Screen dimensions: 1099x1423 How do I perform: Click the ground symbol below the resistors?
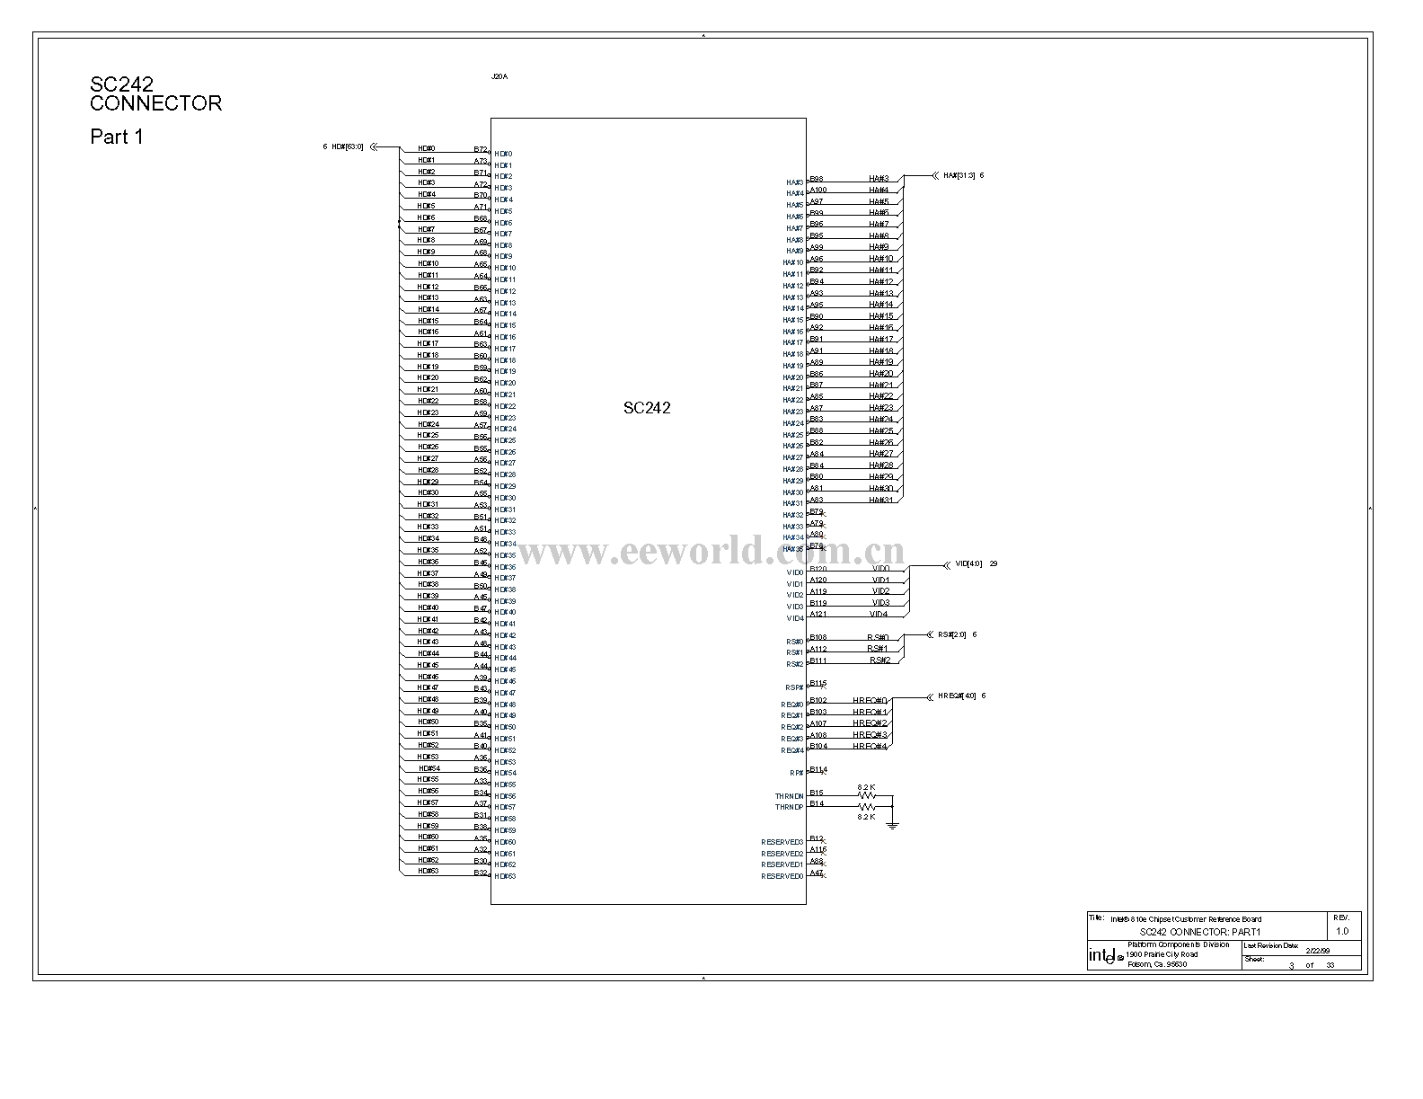892,824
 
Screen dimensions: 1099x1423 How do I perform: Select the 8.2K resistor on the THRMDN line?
866,795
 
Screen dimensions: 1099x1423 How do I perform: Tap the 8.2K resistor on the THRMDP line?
866,807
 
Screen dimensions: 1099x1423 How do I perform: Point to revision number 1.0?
1342,931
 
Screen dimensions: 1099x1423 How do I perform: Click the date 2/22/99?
1318,950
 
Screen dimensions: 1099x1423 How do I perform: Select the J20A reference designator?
499,77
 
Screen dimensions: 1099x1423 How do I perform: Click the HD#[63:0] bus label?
348,146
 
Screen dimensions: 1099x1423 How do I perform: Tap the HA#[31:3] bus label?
959,175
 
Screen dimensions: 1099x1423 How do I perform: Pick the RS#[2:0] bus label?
952,634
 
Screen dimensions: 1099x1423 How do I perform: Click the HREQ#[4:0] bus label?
957,696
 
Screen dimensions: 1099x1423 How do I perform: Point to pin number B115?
818,684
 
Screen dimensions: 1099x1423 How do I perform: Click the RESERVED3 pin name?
782,842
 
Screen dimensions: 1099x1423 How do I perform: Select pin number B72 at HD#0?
481,149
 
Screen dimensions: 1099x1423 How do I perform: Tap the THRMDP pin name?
789,808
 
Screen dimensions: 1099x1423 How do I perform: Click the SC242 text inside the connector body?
647,408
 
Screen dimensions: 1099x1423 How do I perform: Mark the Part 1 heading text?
117,137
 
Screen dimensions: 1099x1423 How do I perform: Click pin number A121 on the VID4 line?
818,615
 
